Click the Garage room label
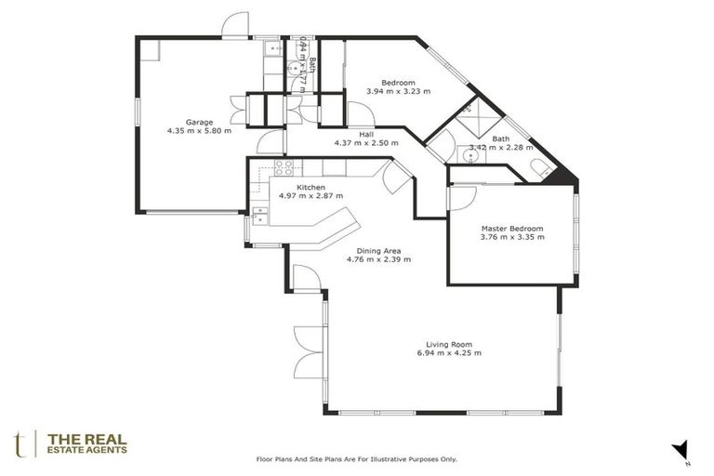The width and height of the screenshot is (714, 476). point(199,122)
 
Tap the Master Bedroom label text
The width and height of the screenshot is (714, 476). point(511,228)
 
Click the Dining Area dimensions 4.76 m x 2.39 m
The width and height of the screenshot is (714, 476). point(378,259)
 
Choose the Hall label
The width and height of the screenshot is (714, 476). point(366,134)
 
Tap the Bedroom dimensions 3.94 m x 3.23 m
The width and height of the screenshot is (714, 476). point(398,92)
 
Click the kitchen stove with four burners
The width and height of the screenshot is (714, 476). point(284,168)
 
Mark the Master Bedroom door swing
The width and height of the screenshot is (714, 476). point(462,198)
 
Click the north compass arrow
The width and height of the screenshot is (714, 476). point(681,450)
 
